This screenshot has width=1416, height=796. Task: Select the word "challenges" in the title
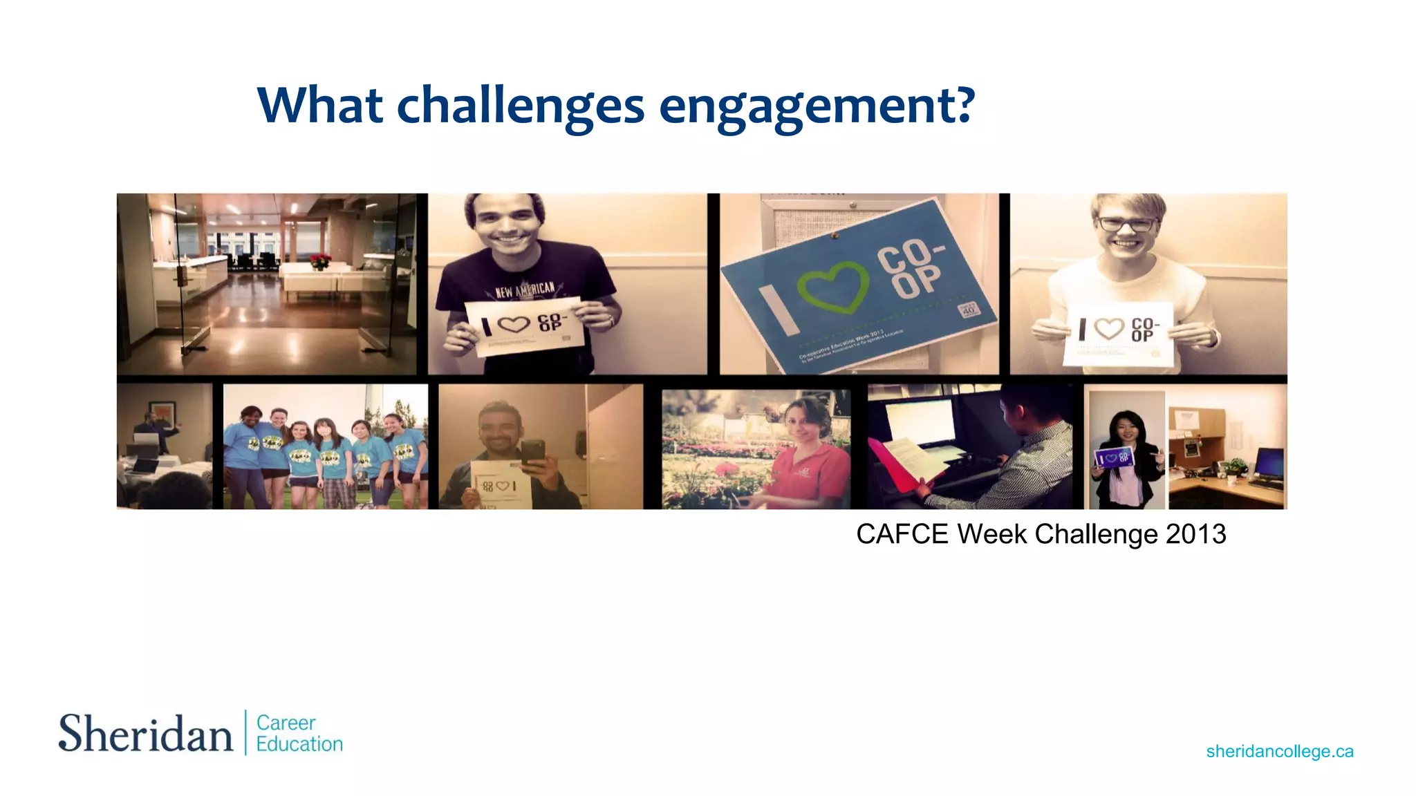520,107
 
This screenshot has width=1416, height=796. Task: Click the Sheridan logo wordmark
145,734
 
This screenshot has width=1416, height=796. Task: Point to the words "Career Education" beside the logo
299,733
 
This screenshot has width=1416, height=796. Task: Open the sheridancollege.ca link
1279,751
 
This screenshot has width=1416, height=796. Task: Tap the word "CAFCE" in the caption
902,534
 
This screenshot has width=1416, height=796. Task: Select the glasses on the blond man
1127,224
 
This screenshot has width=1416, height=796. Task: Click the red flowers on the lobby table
320,261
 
